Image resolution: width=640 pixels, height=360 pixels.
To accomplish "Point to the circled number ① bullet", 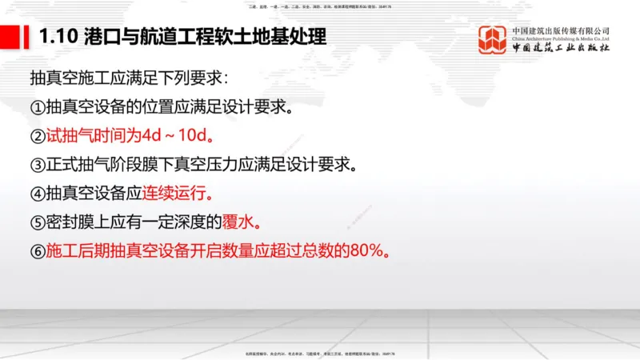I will (x=38, y=107).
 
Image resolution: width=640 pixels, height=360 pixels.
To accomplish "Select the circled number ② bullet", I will (x=38, y=136).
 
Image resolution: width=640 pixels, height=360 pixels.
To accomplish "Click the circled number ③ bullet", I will (x=38, y=165).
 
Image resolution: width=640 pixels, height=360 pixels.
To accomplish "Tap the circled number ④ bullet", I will (x=38, y=194).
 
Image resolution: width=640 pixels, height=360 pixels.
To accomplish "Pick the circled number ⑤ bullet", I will (x=38, y=222).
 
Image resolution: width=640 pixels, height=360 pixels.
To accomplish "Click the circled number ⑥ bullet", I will (x=38, y=251).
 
